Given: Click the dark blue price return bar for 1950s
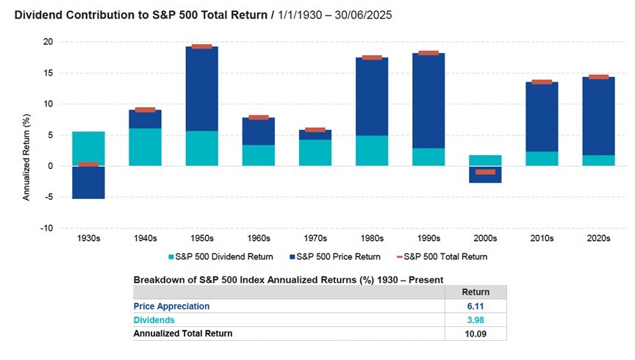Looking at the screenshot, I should (201, 89).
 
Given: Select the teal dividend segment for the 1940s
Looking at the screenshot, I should (146, 147).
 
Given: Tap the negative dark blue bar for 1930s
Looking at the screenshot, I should (88, 182).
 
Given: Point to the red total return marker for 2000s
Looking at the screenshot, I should (484, 172).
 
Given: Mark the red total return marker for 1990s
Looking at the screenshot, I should (428, 53).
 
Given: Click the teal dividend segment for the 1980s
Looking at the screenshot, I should (371, 151).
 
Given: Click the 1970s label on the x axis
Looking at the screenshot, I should (315, 239).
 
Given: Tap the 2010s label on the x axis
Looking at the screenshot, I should (541, 239).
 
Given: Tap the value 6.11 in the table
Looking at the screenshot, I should (475, 306).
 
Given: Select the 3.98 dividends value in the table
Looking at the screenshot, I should (475, 320).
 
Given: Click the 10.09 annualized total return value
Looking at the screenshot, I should (475, 334).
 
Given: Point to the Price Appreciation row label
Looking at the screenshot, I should (171, 306).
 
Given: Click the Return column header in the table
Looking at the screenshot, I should (475, 292).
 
